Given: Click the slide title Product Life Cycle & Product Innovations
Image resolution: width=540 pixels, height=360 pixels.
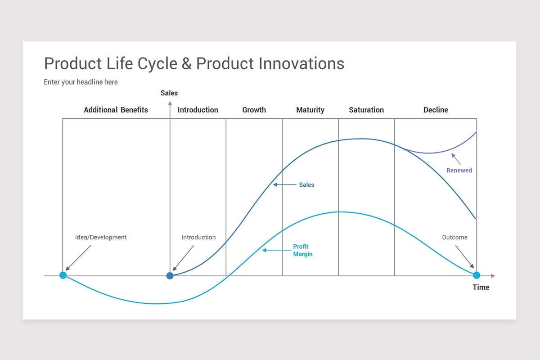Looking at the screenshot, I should [194, 63].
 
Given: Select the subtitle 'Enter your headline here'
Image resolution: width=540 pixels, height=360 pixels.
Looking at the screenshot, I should [81, 82].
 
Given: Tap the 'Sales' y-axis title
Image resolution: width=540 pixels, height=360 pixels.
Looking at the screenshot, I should [169, 93].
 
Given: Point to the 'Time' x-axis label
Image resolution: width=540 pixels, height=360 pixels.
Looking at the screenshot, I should [481, 288].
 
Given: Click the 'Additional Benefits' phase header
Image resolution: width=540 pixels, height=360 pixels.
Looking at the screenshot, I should [116, 110].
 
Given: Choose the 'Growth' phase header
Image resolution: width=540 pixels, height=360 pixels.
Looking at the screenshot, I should [254, 110].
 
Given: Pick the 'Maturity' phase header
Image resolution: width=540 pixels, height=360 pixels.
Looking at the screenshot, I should [310, 110].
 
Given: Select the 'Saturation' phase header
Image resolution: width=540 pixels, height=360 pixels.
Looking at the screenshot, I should [366, 110].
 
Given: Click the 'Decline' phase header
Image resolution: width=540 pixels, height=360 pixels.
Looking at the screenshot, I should [436, 110].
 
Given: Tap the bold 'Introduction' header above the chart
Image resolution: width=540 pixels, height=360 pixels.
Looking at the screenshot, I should [198, 110].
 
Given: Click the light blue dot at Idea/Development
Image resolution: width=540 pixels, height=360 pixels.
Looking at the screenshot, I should [63, 275].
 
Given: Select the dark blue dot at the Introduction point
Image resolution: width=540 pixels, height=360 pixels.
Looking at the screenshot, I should [170, 276].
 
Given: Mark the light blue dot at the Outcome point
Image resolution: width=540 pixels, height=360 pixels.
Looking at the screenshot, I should [477, 275].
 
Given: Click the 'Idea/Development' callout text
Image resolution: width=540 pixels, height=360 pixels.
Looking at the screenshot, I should [101, 237].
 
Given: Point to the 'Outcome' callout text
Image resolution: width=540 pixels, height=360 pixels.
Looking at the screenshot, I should [454, 237].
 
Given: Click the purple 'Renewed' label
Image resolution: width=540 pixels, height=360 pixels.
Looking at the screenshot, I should [459, 171].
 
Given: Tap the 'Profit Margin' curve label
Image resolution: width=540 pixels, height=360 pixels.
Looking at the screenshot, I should [302, 250].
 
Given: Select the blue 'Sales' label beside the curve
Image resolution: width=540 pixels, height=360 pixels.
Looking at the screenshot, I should [306, 185].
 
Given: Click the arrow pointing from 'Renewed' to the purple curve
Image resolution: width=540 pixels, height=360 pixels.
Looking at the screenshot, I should [456, 159].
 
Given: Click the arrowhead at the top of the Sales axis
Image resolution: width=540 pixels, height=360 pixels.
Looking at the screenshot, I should [170, 103].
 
